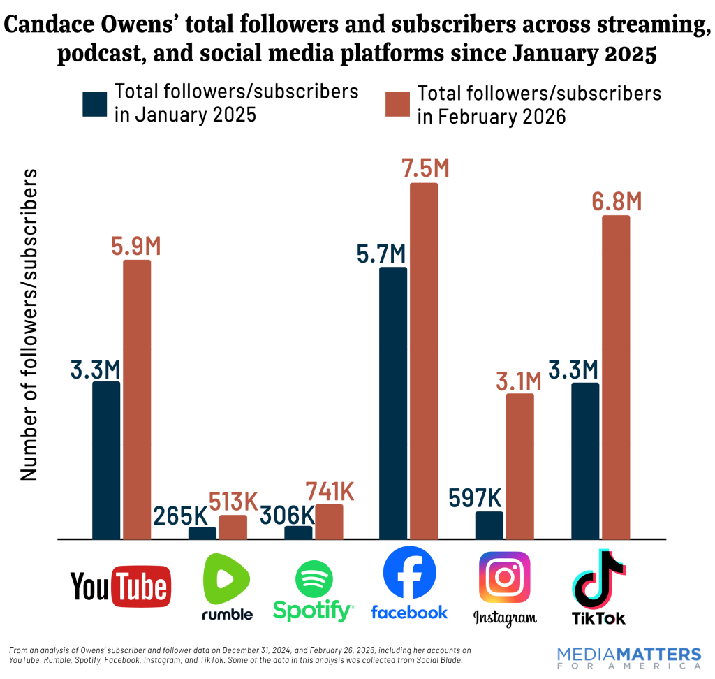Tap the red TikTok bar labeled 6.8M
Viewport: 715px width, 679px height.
(616, 377)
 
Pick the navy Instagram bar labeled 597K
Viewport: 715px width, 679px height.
(489, 525)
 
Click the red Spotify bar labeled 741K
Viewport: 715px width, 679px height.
(329, 522)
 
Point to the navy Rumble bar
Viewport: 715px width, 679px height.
(202, 533)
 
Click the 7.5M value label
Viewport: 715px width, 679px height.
(424, 168)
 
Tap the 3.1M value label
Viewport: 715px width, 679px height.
(519, 381)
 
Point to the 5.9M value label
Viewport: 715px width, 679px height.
(136, 246)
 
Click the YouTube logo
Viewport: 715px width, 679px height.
(121, 586)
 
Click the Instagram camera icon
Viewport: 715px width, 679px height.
(504, 577)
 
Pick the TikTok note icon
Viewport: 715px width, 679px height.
(598, 580)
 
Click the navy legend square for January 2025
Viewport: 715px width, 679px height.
(95, 104)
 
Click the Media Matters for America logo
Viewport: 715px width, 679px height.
(629, 657)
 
